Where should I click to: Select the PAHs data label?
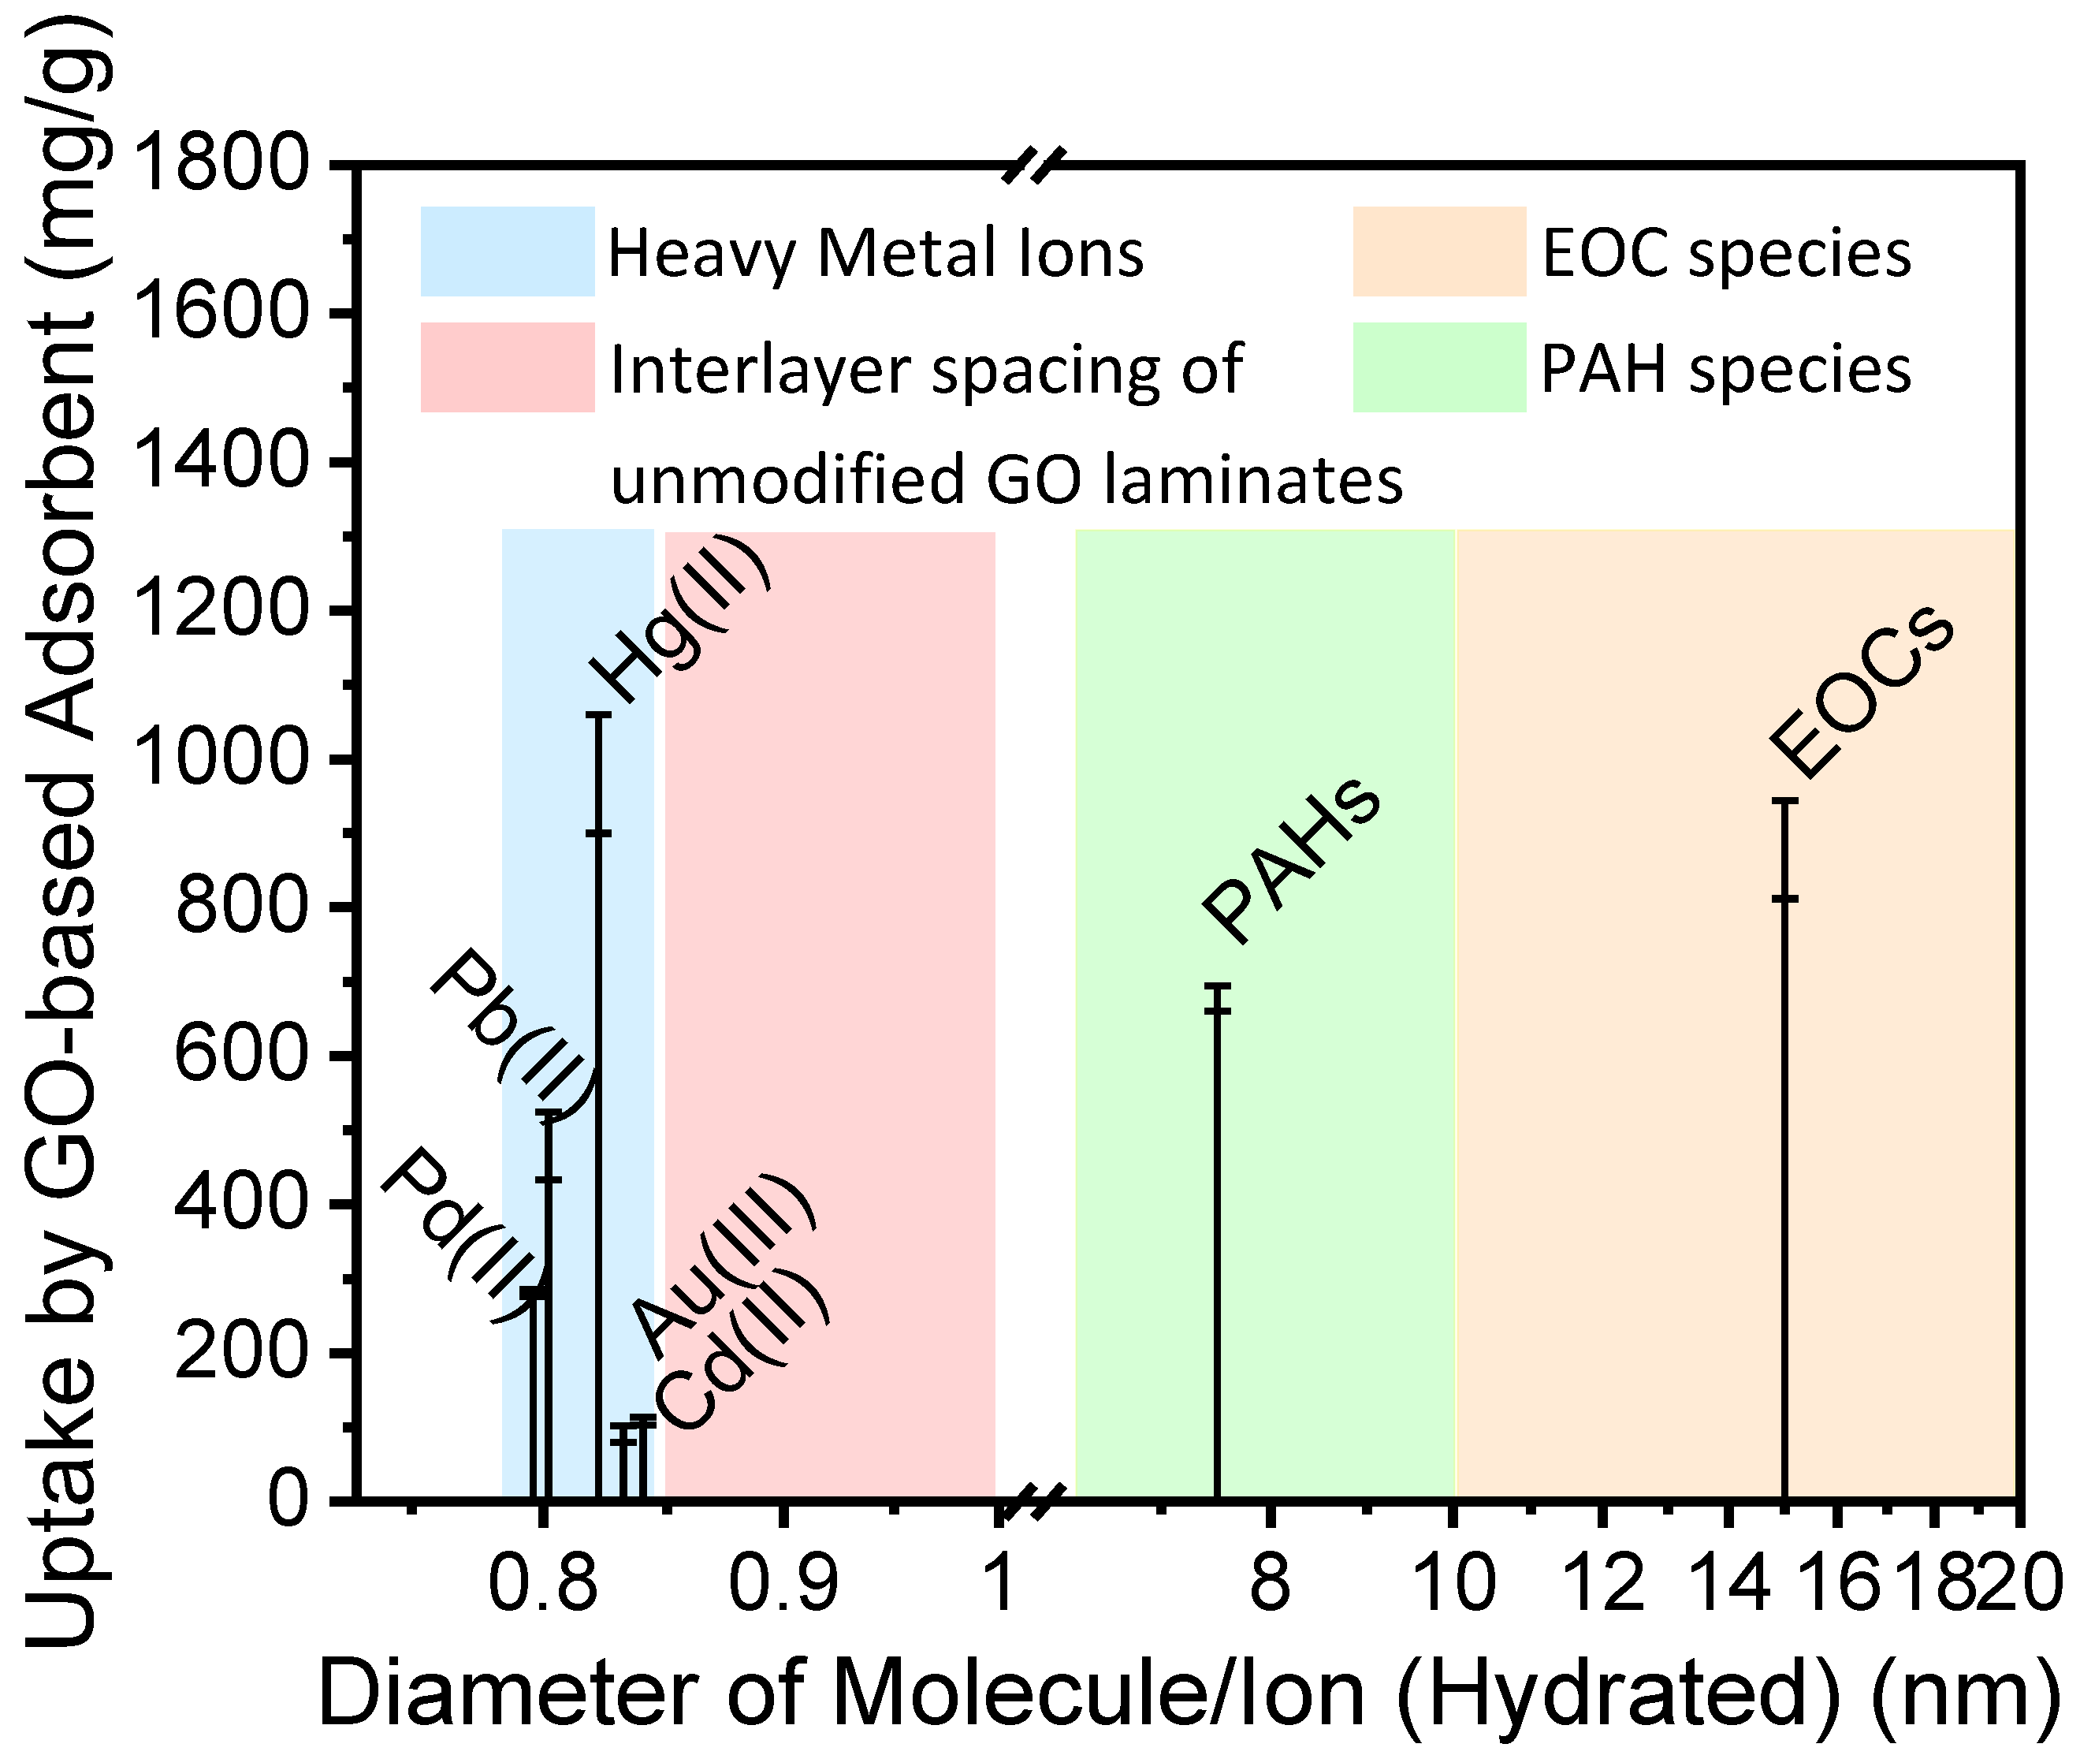point(1291,861)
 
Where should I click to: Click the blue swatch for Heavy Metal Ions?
point(508,252)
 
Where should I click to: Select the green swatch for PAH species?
point(1438,367)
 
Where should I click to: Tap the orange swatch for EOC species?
point(1438,252)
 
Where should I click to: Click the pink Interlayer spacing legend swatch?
point(508,367)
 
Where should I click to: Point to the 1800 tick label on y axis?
point(221,164)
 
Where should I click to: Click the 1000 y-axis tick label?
point(221,759)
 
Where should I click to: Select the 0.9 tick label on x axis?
point(783,1584)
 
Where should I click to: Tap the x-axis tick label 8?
point(1271,1584)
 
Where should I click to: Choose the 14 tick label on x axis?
point(1728,1584)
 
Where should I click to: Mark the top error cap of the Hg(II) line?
point(598,714)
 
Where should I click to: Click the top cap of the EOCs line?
point(1784,801)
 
